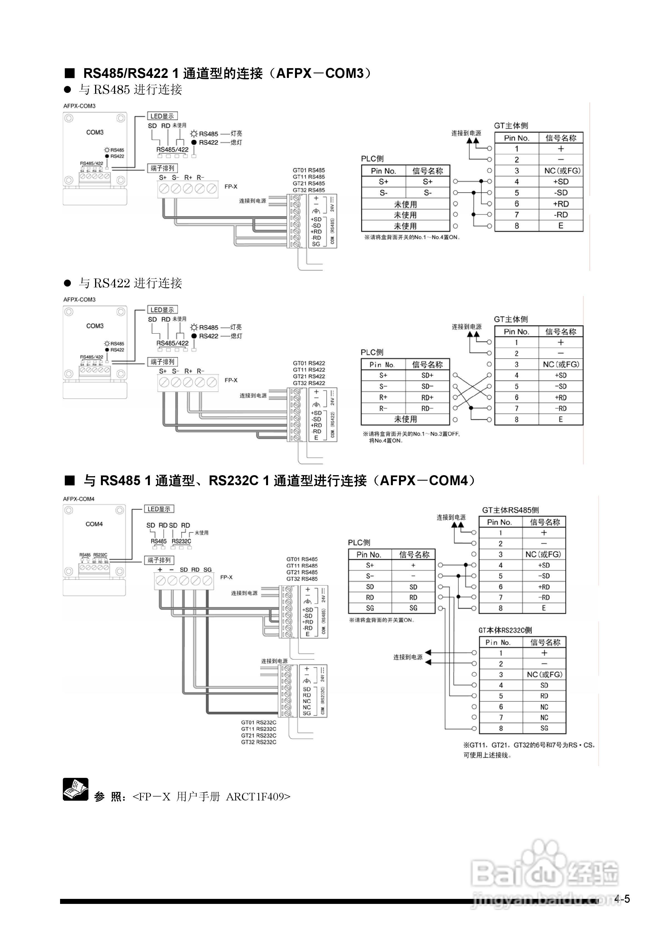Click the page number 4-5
(622, 899)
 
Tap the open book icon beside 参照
(75, 789)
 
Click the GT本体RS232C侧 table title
(505, 630)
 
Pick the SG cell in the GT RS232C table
(544, 728)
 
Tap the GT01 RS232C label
(259, 722)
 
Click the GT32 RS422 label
(309, 383)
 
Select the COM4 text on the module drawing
(94, 524)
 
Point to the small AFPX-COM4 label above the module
(79, 499)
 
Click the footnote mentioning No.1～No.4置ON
(412, 237)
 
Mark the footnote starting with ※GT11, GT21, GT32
(529, 745)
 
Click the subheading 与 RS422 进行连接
(130, 283)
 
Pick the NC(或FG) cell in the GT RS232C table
(544, 675)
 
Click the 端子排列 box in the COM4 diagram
(159, 560)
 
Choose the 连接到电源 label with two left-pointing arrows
(408, 657)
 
